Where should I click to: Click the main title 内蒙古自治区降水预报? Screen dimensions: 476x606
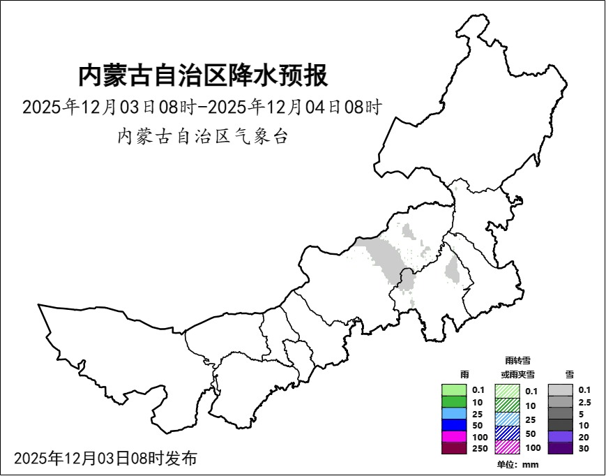(202, 75)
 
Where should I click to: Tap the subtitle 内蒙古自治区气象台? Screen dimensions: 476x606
(202, 136)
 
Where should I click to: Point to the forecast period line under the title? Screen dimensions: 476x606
(202, 107)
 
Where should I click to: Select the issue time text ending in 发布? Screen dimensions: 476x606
(105, 459)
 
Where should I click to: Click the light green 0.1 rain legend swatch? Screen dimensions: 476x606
(454, 390)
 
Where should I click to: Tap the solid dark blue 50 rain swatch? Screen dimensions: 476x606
(454, 425)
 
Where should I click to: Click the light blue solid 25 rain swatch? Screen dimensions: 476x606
(454, 413)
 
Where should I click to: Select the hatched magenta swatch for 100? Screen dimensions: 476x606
(507, 447)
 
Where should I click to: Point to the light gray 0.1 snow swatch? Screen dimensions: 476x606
(560, 390)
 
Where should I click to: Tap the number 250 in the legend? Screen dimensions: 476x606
(480, 449)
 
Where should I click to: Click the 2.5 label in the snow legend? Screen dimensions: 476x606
(584, 402)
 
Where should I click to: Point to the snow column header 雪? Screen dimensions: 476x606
(570, 374)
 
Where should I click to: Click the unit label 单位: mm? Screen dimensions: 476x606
(517, 464)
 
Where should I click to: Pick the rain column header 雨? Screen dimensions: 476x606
(465, 374)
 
